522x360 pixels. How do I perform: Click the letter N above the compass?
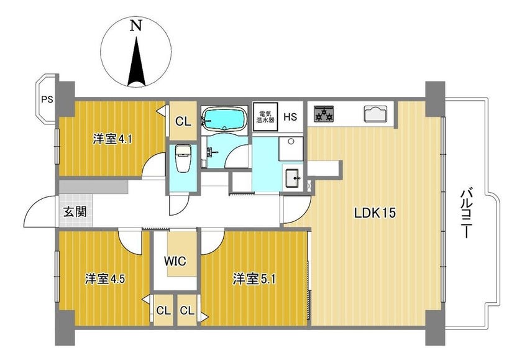pos(136,25)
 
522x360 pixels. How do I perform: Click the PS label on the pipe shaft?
pos(47,99)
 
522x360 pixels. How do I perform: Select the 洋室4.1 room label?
pos(112,139)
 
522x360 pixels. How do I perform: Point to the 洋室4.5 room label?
pos(105,279)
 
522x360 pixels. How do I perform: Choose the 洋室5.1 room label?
pos(254,279)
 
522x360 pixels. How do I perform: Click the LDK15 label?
pos(375,213)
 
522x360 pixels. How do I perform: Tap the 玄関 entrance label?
pos(75,211)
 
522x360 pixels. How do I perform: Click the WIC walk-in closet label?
pos(175,261)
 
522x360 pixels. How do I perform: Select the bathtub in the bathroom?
pos(224,119)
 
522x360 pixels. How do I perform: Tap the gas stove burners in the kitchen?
pos(323,114)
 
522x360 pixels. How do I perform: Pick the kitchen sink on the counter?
pos(375,114)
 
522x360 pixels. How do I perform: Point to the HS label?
pos(290,117)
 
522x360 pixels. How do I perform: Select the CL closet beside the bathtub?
pos(183,121)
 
